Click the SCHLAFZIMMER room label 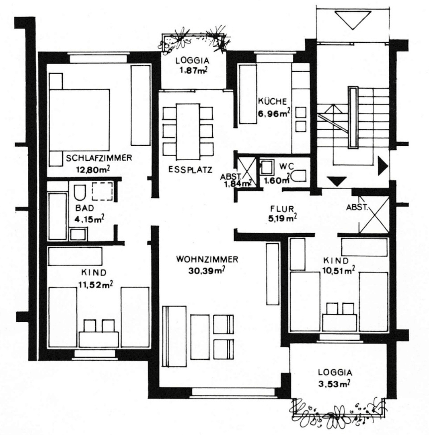(99, 158)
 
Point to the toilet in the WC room (298, 176)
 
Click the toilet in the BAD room (79, 192)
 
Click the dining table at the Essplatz (188, 131)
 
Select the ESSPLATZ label (190, 170)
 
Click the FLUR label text (283, 209)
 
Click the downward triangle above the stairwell (352, 19)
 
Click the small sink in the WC (266, 167)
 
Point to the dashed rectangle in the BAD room (102, 192)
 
